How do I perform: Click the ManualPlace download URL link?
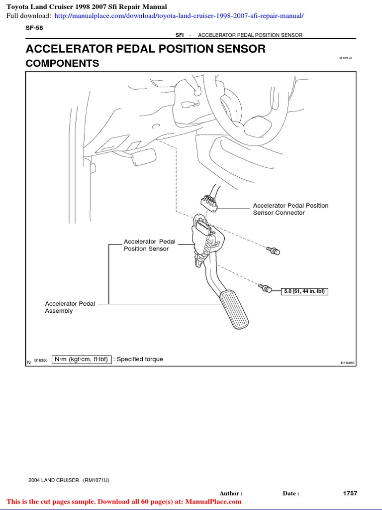point(179,16)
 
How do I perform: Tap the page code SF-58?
point(34,28)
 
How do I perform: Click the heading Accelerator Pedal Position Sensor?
point(145,49)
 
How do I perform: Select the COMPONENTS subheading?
point(62,64)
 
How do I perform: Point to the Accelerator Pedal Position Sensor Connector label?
point(290,209)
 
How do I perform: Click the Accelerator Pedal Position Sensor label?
point(149,245)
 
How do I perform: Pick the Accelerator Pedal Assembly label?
point(70,307)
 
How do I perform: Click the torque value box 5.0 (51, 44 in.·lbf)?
point(304,291)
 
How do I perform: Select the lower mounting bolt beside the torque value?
point(265,287)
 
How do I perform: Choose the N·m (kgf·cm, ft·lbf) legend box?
point(81,359)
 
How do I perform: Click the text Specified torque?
point(139,359)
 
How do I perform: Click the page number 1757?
point(350,493)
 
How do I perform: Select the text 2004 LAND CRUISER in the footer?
point(54,480)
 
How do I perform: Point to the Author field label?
point(231,494)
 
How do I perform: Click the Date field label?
point(291,494)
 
